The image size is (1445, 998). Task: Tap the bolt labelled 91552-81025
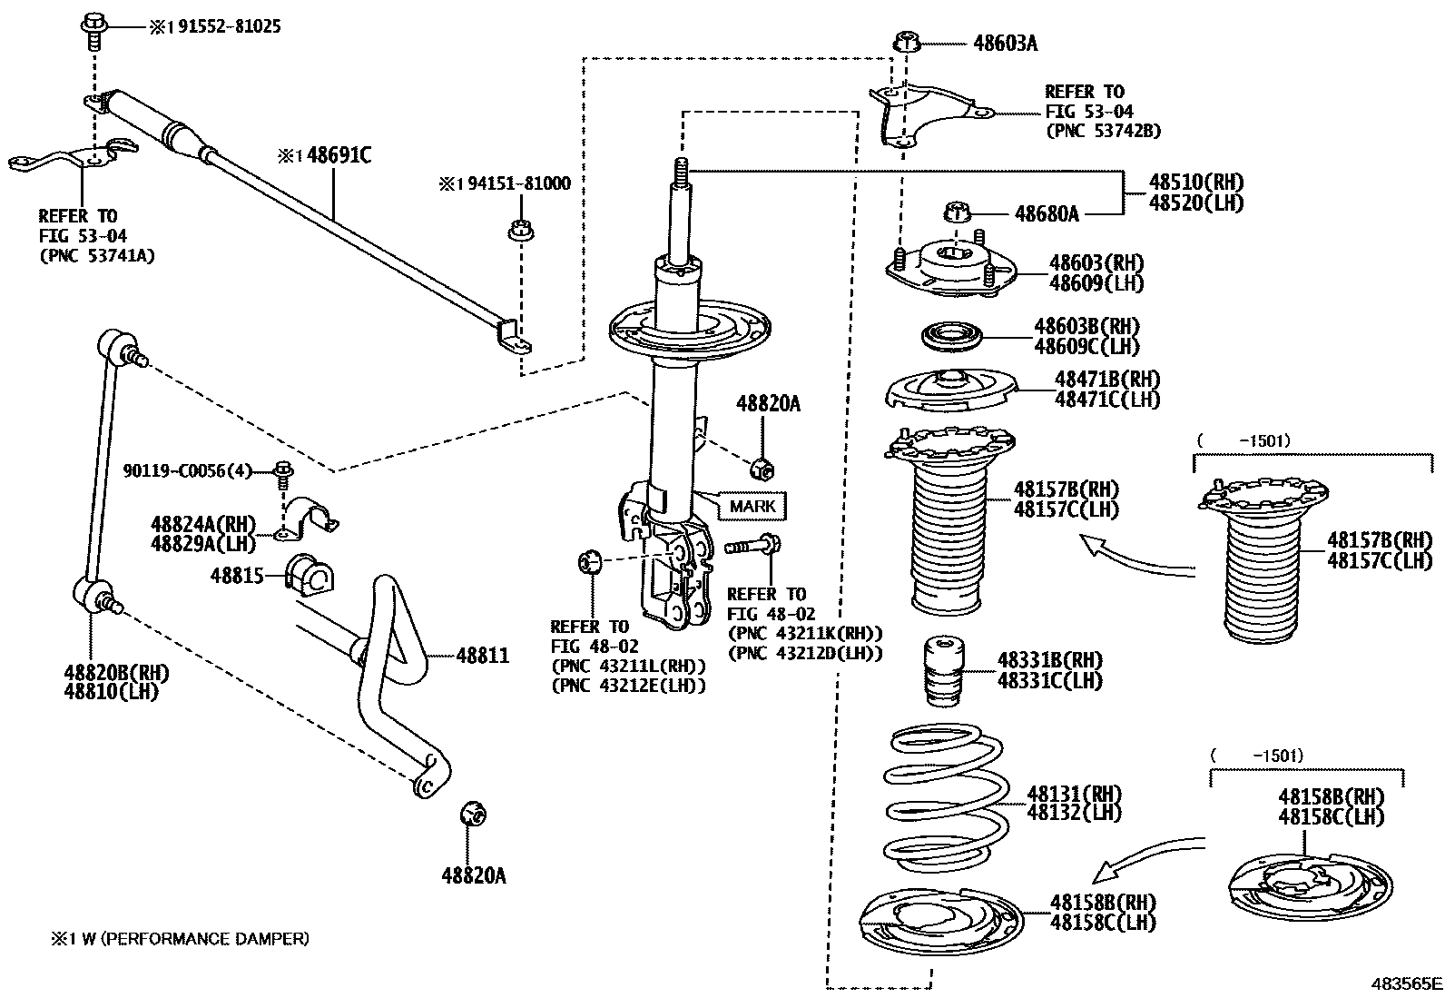[93, 26]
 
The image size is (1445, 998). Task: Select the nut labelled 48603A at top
[907, 42]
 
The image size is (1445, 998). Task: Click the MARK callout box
[752, 506]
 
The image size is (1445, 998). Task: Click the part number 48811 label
[482, 656]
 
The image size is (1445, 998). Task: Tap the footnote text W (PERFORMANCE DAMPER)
[202, 938]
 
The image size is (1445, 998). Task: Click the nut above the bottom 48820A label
[473, 814]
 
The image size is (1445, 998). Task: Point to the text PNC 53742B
[1103, 131]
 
